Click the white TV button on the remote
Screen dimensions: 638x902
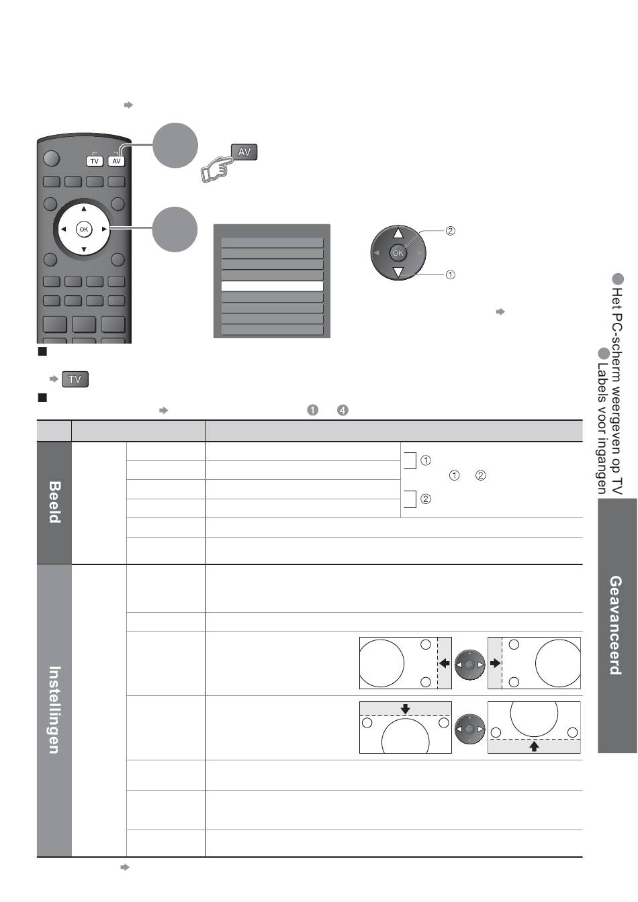coord(94,161)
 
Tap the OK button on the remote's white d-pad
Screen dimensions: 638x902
coord(84,229)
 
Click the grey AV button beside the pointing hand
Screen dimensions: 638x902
coord(244,152)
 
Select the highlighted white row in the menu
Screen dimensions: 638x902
coord(272,286)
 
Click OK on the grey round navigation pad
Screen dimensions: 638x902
coord(398,253)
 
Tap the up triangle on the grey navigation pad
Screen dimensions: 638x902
coord(398,233)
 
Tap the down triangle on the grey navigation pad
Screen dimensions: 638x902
coord(398,272)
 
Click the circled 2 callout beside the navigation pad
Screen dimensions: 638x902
coord(450,231)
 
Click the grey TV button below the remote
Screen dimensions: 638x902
coord(75,379)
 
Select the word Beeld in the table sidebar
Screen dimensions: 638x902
coord(54,502)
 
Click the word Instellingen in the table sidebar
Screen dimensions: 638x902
coord(54,709)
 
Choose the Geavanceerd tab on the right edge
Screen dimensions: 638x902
coord(615,625)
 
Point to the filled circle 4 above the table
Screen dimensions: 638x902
coord(343,410)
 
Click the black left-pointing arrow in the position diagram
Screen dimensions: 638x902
coord(445,663)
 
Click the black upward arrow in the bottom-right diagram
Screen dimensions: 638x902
coord(534,746)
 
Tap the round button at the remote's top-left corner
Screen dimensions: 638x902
coord(51,158)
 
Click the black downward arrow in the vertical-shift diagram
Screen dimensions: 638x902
coord(406,709)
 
